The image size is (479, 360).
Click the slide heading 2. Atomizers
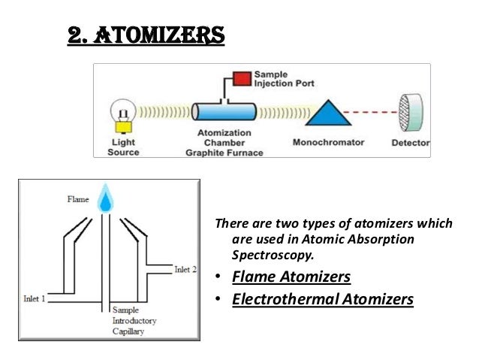[146, 35]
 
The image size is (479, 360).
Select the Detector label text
[410, 143]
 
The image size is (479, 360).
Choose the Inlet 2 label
[186, 268]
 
